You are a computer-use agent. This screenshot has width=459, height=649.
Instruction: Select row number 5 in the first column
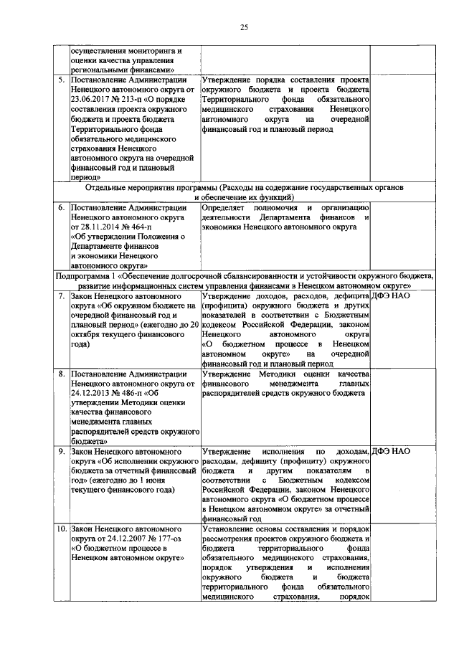pos(62,80)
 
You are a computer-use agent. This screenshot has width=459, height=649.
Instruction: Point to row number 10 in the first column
pos(61,529)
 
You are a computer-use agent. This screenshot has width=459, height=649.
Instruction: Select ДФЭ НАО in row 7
pos(392,295)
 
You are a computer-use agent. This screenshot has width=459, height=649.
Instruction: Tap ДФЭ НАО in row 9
pos(392,451)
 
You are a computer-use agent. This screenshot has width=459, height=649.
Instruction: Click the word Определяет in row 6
pos(227,208)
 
